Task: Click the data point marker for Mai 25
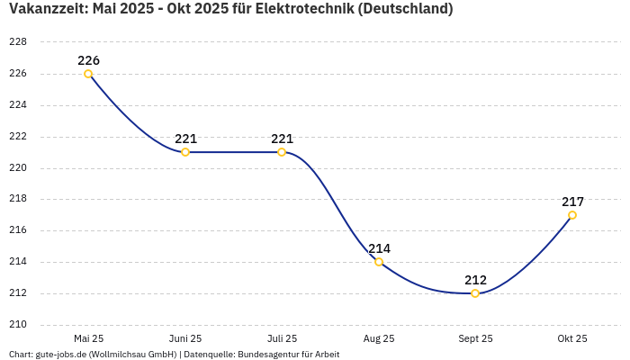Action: (88, 74)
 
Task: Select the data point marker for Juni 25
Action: (185, 152)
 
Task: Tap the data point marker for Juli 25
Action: (282, 152)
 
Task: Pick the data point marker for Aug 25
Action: (379, 262)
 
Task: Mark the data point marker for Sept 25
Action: (475, 293)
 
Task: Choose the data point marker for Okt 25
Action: (572, 215)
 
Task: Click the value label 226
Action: (88, 60)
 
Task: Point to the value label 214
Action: (379, 248)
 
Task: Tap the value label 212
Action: (475, 280)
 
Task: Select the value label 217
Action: (572, 202)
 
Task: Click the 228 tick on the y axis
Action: (18, 42)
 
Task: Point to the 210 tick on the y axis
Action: (18, 325)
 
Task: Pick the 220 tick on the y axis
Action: (18, 167)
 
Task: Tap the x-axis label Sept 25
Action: (475, 338)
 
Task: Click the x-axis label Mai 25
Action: (88, 338)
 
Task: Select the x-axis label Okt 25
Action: (572, 338)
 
